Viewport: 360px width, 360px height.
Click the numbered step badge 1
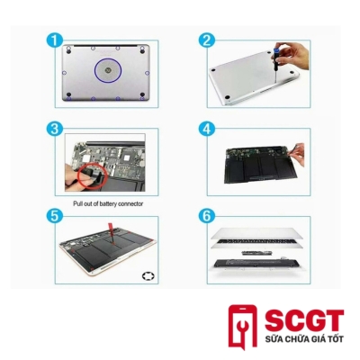point(55,40)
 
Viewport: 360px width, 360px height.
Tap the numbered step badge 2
point(207,40)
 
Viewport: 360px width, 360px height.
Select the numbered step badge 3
point(55,129)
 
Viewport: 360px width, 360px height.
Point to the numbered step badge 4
point(207,129)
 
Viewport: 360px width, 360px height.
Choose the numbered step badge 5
point(55,216)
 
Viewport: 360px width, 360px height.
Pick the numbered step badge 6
point(207,216)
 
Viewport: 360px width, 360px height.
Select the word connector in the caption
point(130,204)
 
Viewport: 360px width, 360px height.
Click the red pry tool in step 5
point(112,232)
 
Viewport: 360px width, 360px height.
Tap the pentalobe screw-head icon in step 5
point(148,276)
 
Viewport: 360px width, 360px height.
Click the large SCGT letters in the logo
point(304,321)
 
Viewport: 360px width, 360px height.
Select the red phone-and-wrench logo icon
point(243,328)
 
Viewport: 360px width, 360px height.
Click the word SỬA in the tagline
point(273,339)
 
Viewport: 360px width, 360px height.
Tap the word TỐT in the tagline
point(336,339)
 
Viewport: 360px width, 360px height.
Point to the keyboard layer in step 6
point(257,242)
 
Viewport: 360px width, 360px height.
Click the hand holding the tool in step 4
point(297,155)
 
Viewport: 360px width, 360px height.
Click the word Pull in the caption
point(77,204)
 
